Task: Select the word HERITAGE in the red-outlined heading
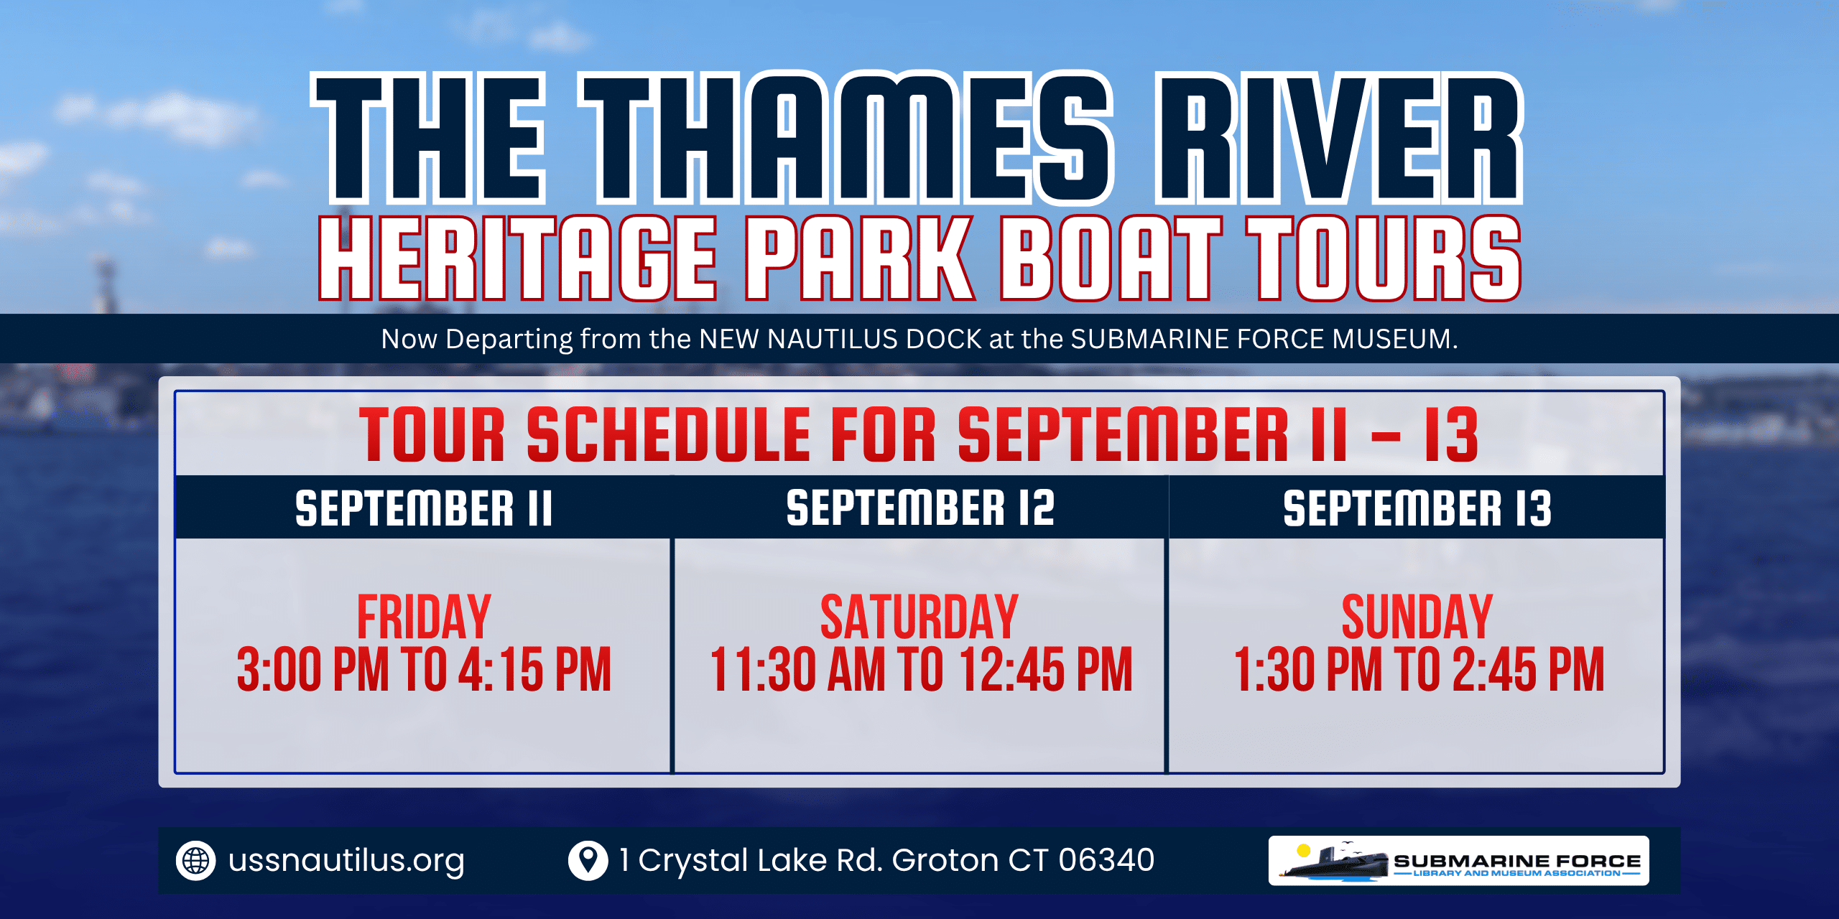(x=518, y=258)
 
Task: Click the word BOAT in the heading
(x=1111, y=258)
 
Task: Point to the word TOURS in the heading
(x=1384, y=258)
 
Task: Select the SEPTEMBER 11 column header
(x=424, y=508)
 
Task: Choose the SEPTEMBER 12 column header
(x=920, y=508)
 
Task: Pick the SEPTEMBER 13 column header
(x=1417, y=508)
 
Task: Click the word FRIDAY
(x=424, y=617)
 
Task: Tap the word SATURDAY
(x=919, y=617)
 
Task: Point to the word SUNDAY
(x=1417, y=617)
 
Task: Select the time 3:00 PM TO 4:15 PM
(x=424, y=669)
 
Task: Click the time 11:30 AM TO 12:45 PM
(x=921, y=669)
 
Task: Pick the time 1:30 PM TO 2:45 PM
(x=1419, y=669)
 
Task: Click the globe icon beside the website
(x=195, y=860)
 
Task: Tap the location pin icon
(x=588, y=860)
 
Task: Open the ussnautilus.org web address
(x=346, y=860)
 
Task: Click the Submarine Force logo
(x=1459, y=860)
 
